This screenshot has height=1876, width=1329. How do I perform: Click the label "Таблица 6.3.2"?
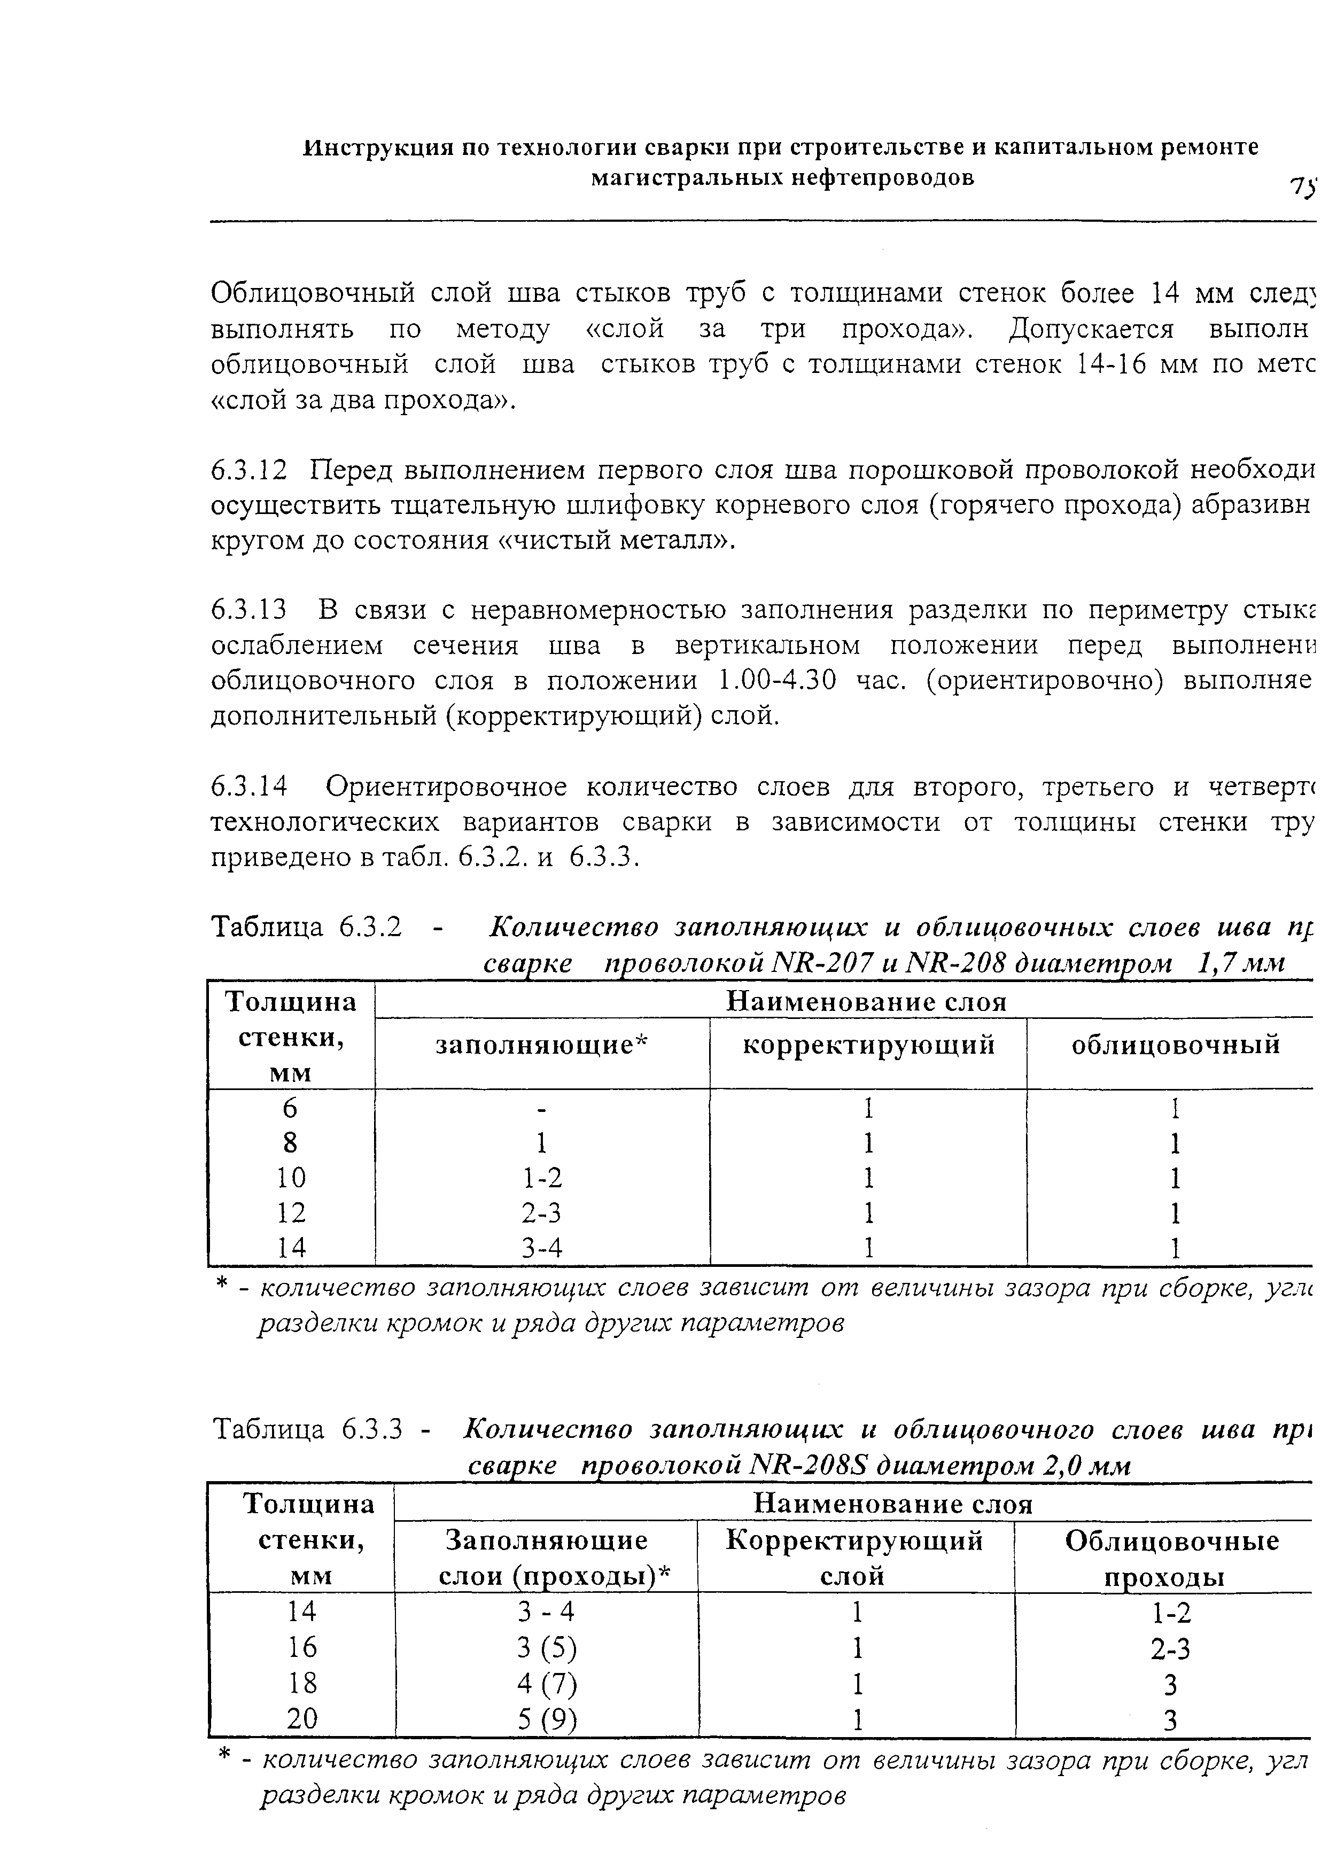[307, 927]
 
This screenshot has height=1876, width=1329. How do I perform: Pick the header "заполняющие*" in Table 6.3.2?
[541, 1046]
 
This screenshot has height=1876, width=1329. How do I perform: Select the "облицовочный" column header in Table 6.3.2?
[1175, 1046]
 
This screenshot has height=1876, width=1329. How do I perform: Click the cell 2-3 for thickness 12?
[542, 1212]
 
